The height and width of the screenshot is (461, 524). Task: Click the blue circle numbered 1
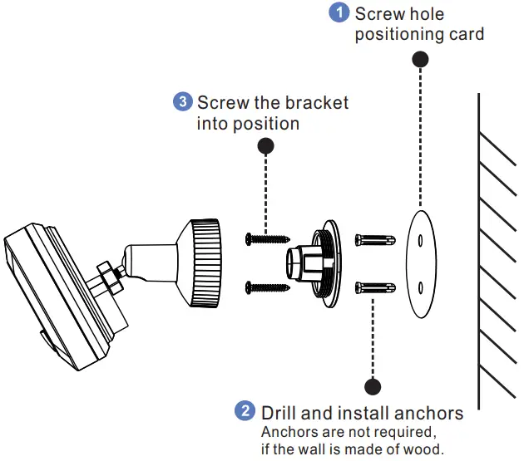339,13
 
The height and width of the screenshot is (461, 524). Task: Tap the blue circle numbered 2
245,411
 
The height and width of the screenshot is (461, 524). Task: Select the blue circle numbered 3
182,102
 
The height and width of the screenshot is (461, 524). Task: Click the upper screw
265,239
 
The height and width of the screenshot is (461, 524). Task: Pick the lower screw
265,287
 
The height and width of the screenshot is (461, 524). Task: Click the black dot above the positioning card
421,60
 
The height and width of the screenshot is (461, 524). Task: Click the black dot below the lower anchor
372,386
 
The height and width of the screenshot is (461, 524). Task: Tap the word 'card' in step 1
467,35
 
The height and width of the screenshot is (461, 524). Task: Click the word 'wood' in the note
421,450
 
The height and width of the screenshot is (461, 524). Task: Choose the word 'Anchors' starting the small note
287,433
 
